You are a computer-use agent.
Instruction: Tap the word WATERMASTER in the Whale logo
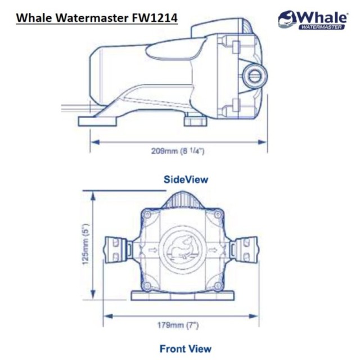pyautogui.click(x=321, y=26)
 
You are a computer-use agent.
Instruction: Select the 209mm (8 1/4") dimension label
pyautogui.click(x=178, y=151)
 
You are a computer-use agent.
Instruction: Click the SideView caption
pyautogui.click(x=186, y=179)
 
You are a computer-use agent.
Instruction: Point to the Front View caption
pyautogui.click(x=185, y=348)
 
